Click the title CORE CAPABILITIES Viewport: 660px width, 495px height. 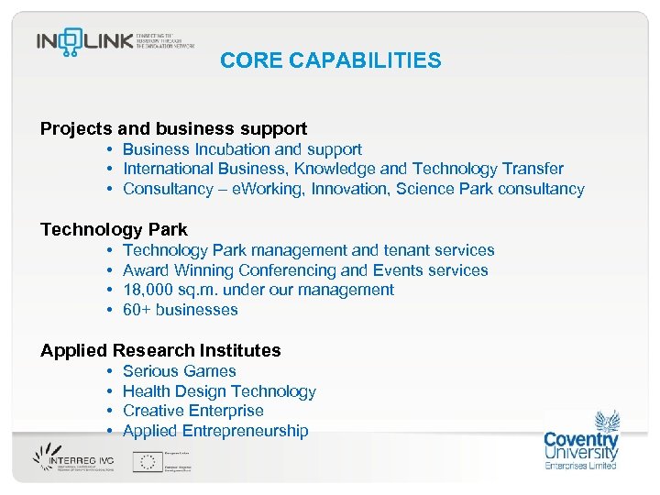330,61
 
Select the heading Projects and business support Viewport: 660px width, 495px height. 173,129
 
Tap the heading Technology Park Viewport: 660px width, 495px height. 114,229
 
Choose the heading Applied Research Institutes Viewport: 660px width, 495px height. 160,350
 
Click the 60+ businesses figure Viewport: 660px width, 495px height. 180,310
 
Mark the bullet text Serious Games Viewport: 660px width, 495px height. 179,371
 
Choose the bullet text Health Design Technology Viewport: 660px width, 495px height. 219,391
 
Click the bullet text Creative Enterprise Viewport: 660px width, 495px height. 192,411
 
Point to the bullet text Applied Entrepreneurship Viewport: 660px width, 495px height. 215,431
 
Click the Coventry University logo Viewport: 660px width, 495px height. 581,441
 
